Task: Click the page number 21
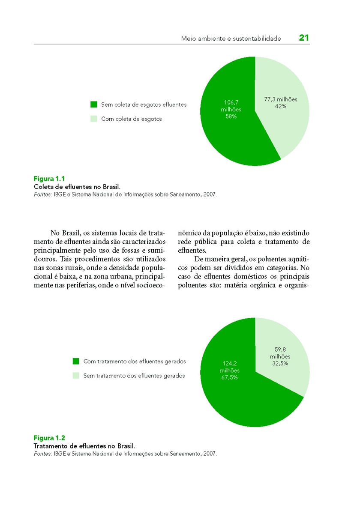click(x=304, y=38)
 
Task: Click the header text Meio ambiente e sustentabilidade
click(x=231, y=39)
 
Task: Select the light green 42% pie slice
click(x=287, y=128)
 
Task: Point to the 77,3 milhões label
click(x=281, y=99)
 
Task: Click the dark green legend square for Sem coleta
click(x=94, y=105)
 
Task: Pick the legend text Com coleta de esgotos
click(x=132, y=119)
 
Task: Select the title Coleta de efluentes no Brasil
click(x=77, y=186)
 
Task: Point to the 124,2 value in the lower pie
click(x=230, y=363)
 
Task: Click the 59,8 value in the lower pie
click(x=280, y=350)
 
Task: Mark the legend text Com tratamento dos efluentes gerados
click(x=135, y=362)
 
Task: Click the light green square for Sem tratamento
click(x=76, y=376)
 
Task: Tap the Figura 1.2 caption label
click(x=49, y=438)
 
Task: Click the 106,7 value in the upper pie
click(x=231, y=102)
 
